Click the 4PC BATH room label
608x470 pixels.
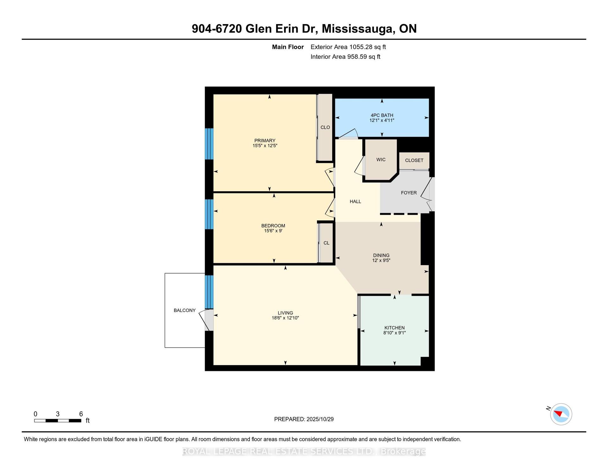click(x=382, y=115)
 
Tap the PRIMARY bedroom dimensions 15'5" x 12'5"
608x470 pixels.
click(x=265, y=146)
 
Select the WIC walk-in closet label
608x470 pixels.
click(x=381, y=160)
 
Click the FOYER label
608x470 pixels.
click(x=408, y=193)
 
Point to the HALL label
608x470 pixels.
click(x=355, y=201)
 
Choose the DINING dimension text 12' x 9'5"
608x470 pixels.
click(x=381, y=260)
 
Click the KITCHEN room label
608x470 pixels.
click(x=394, y=328)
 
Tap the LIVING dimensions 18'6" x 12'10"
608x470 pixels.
click(x=285, y=318)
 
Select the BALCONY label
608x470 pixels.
click(x=185, y=310)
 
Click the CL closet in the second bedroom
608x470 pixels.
click(x=326, y=243)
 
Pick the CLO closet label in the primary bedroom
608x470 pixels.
click(x=325, y=127)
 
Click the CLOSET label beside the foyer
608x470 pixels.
click(x=414, y=160)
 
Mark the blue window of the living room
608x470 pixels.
click(x=209, y=292)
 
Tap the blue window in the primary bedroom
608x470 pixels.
click(x=209, y=144)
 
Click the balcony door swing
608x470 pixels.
click(x=206, y=320)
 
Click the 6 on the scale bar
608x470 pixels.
click(x=81, y=414)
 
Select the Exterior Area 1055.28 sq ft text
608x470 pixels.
click(x=348, y=47)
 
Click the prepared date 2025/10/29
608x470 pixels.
click(x=320, y=419)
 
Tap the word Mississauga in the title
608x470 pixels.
click(x=358, y=29)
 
